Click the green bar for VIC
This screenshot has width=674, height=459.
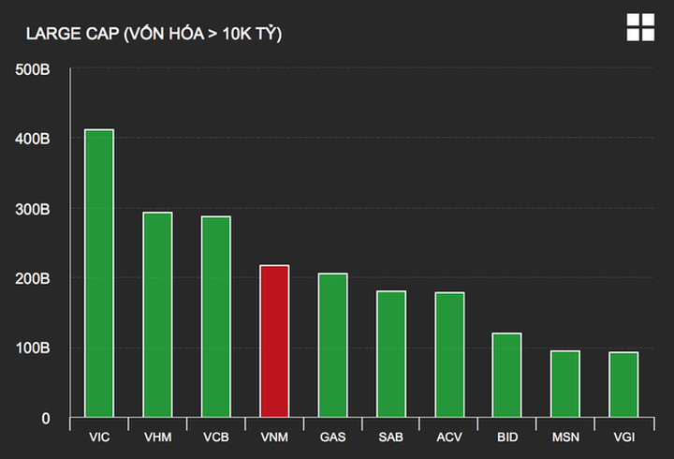pyautogui.click(x=99, y=274)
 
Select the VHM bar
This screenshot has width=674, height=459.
pyautogui.click(x=157, y=315)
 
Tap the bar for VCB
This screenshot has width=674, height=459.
pyautogui.click(x=215, y=317)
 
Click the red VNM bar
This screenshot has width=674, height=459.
pyautogui.click(x=274, y=341)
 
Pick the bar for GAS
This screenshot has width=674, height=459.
pyautogui.click(x=332, y=346)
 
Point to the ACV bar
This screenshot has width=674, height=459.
pyautogui.click(x=449, y=355)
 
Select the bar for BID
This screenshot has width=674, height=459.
pyautogui.click(x=506, y=375)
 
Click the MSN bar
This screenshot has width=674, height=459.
pyautogui.click(x=565, y=384)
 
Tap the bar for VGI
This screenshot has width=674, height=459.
pyautogui.click(x=623, y=385)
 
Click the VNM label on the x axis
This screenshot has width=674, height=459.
pyautogui.click(x=274, y=437)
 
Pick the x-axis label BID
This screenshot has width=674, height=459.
pyautogui.click(x=506, y=437)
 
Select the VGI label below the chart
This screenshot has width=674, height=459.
pyautogui.click(x=623, y=437)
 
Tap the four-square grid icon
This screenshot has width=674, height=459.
pyautogui.click(x=640, y=27)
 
